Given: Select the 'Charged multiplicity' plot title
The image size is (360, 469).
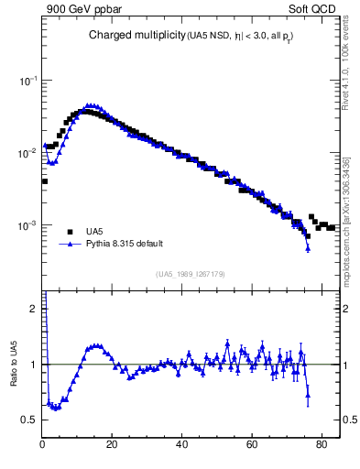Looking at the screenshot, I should tap(136, 36).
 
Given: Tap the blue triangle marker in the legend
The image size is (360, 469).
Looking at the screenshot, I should tap(70, 245).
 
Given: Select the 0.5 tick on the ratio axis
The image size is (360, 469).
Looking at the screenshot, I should tap(29, 420).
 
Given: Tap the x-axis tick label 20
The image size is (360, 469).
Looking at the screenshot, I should tap(112, 447).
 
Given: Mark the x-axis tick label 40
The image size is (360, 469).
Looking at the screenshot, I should tap(181, 447).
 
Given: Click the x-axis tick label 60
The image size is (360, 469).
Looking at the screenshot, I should tap(251, 447).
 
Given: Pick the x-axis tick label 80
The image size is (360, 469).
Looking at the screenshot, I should tap(321, 447).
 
